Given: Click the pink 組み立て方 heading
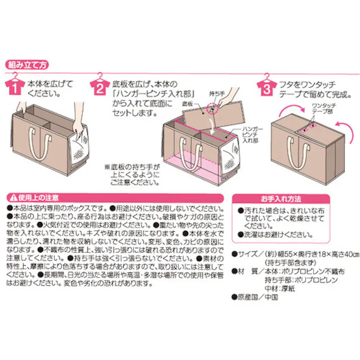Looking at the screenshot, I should pos(27,65).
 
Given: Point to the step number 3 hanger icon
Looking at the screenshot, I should pos(265,86).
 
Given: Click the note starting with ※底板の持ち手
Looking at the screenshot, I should pos(132,173).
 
